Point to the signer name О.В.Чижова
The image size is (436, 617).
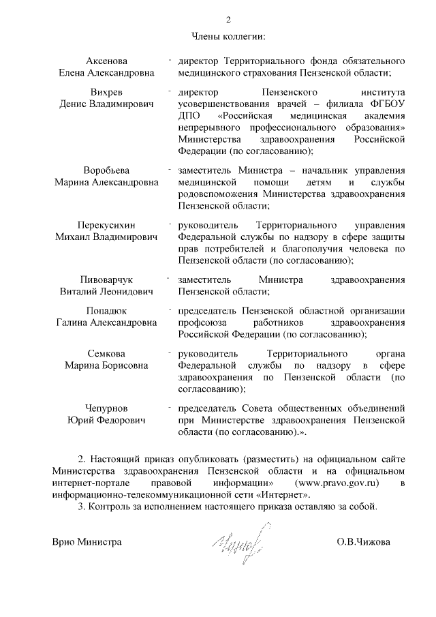click(363, 542)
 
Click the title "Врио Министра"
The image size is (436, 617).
click(87, 542)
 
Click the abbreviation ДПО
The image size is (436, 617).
click(187, 115)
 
